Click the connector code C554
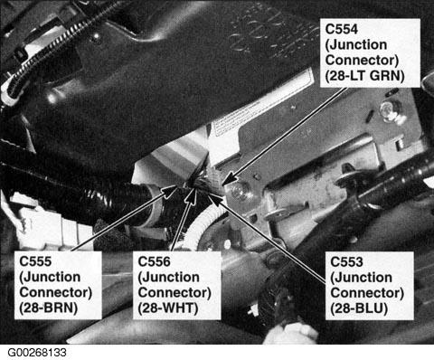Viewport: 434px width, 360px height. coord(342,30)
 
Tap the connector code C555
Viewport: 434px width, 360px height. coord(35,261)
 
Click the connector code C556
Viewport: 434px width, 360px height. coord(154,261)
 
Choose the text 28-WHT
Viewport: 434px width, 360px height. coord(169,308)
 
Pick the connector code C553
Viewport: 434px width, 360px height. coord(346,261)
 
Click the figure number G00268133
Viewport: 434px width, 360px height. coord(37,353)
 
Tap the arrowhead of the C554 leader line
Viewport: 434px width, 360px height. coord(227,178)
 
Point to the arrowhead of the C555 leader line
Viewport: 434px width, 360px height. coord(169,192)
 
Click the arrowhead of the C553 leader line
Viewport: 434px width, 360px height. coord(213,198)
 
